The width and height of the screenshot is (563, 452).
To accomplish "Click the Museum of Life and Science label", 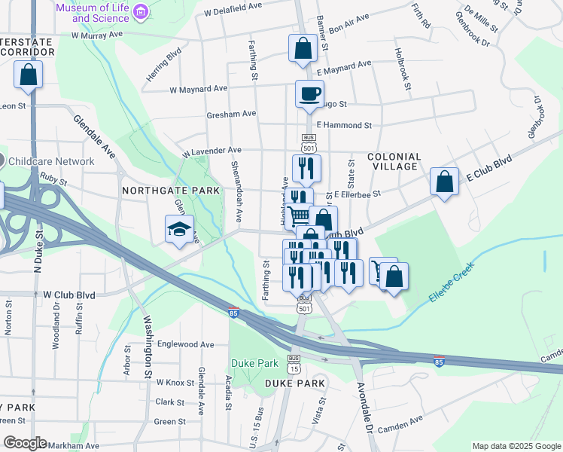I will pos(93,12).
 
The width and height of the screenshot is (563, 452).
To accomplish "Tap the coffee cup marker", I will pos(309,94).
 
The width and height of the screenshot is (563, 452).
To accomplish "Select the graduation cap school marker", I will pos(180,230).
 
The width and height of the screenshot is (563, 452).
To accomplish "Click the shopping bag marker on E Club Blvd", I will pos(444,182).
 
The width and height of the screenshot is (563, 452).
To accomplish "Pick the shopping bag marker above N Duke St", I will pos(28,75).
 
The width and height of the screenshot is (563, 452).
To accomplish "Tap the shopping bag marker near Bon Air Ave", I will pos(301,48).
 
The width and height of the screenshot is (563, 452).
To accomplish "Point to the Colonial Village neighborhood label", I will pos(394,161).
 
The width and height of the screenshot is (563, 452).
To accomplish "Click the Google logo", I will pos(25,443).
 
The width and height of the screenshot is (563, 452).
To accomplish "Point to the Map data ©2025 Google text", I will pos(516,446).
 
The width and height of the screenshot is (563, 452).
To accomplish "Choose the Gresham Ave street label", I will pos(231,114).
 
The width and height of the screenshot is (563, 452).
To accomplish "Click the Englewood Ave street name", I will pos(186,344).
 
